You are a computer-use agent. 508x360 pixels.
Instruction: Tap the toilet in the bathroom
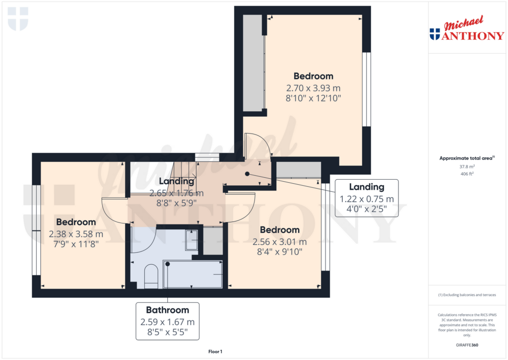pos(151,276)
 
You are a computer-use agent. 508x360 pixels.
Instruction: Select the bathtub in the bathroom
pos(192,274)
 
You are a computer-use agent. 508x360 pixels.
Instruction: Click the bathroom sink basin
pos(191,239)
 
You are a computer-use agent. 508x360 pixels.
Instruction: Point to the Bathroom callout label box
pos(167,321)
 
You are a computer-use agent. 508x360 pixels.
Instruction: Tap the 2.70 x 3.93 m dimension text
pos(313,88)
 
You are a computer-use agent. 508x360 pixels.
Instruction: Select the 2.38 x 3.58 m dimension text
pos(76,234)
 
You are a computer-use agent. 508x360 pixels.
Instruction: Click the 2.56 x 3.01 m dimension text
pos(279,242)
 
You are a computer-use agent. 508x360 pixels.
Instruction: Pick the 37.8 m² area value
pos(466,167)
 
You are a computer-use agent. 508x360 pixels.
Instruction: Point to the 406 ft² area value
pos(466,174)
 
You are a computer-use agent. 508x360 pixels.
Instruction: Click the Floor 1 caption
pos(215,352)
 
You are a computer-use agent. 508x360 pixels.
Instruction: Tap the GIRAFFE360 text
pos(466,345)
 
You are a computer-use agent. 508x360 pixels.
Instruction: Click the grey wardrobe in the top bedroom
pos(253,63)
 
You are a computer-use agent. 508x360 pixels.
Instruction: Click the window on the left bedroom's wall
pos(36,230)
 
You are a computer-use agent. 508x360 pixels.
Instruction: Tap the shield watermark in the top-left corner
pos(18,18)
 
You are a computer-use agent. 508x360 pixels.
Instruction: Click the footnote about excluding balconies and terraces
pos(466,295)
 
